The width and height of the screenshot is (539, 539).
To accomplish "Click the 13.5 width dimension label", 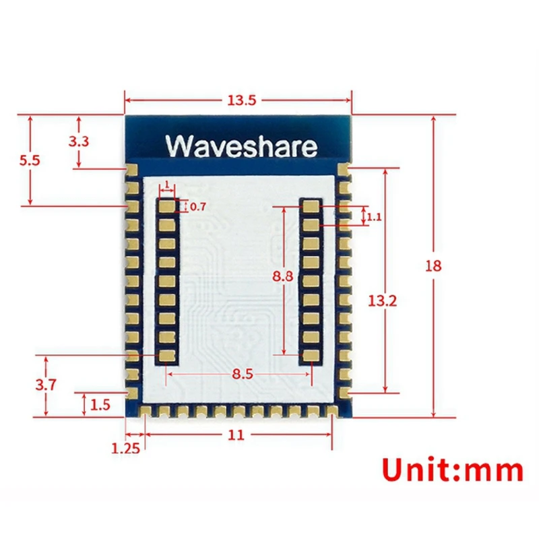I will (x=241, y=100).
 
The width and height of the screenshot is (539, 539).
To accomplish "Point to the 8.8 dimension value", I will (x=284, y=276).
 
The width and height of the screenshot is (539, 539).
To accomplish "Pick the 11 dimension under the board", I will (x=235, y=435).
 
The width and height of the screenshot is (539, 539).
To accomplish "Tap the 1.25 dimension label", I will (x=127, y=447).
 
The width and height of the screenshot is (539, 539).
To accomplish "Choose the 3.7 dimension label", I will (x=46, y=385).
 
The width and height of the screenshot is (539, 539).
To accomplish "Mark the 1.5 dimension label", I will (x=100, y=404).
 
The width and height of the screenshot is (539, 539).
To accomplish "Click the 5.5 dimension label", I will (x=30, y=160).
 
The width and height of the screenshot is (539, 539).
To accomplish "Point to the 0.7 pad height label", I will (x=198, y=207).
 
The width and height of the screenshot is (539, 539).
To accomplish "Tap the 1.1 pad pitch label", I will (x=375, y=217).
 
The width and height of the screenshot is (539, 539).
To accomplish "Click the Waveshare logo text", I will (x=241, y=146).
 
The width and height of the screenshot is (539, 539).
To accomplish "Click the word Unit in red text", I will (x=415, y=470).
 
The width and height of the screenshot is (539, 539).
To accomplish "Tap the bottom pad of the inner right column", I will (x=311, y=355).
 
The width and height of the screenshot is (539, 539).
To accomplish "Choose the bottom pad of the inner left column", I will (x=166, y=355).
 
